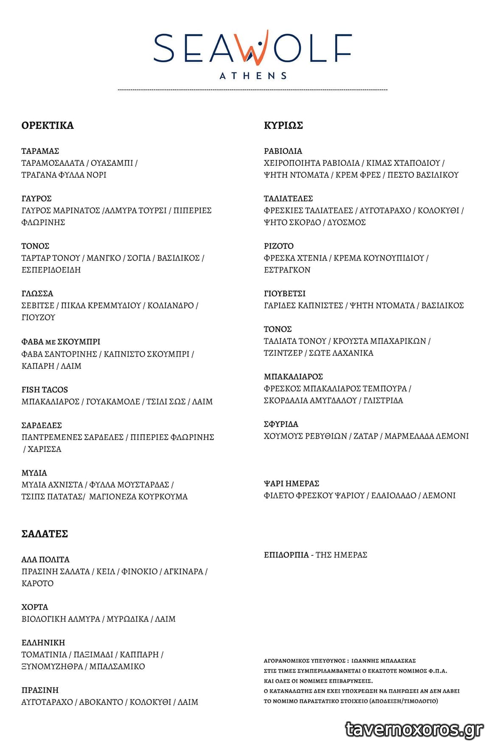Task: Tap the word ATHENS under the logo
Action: point(253,76)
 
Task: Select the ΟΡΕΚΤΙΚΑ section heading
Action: point(48,125)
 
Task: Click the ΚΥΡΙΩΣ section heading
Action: point(283,125)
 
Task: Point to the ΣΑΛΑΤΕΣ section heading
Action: point(45,534)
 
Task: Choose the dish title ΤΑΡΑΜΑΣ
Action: point(40,151)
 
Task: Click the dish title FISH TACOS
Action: point(45,390)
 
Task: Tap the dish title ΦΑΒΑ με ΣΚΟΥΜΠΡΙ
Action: point(61,342)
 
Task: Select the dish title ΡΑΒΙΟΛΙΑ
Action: point(283,151)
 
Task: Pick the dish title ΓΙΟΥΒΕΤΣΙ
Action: point(285,293)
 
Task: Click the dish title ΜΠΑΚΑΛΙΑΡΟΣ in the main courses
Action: point(293,376)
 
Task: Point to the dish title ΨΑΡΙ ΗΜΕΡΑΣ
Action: point(292,483)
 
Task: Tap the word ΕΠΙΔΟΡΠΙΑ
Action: point(286,555)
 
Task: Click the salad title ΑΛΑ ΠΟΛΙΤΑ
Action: point(45,560)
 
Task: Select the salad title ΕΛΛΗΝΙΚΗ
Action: point(43,643)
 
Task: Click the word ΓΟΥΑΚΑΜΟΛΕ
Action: point(113,401)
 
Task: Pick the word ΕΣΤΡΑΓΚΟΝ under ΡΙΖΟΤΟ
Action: point(287,270)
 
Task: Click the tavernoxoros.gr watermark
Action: point(414,729)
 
